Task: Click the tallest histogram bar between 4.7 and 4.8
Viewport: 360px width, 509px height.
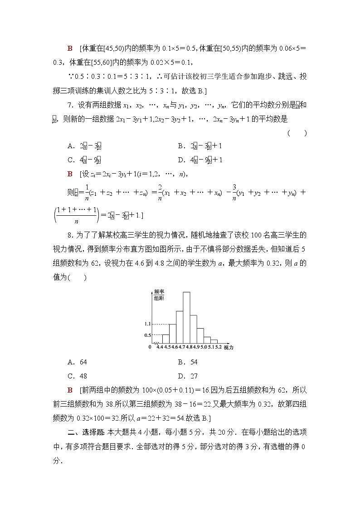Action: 186,317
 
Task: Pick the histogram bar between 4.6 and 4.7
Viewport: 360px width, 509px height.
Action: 179,327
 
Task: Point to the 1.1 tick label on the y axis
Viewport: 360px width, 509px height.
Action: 147,324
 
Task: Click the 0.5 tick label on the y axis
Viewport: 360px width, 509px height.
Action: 147,335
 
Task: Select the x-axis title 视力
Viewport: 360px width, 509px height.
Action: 229,347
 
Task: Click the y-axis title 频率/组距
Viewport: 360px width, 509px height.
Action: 159,295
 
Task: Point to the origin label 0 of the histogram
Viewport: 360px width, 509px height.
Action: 150,347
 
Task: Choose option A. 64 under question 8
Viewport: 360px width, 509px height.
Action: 77,362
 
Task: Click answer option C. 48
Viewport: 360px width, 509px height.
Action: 77,376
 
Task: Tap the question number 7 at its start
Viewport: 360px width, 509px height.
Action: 69,106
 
